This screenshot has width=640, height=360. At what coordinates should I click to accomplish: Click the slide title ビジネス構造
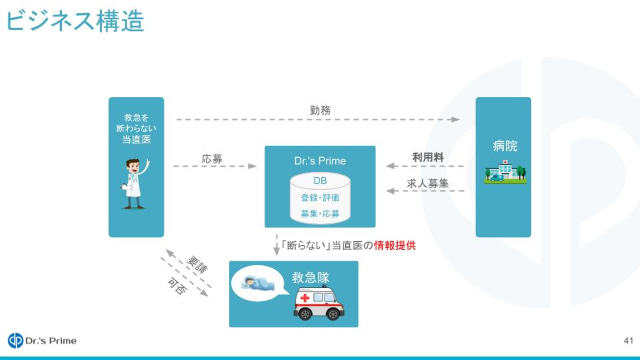[75, 21]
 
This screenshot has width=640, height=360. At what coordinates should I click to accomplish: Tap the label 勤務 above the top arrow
[320, 110]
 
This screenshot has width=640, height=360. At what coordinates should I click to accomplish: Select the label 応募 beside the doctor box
[212, 159]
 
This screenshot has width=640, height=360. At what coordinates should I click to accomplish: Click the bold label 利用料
[428, 157]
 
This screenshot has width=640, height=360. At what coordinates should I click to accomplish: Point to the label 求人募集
[428, 183]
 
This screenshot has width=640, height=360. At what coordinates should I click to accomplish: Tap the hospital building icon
[505, 172]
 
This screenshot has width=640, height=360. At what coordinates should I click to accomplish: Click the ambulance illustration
[319, 303]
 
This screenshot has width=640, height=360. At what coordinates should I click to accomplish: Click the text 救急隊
[311, 278]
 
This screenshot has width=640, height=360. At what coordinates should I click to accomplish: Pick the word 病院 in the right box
[505, 146]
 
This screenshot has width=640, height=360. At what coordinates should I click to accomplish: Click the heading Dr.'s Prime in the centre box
[320, 161]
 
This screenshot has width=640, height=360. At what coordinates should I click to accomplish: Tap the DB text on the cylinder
[320, 181]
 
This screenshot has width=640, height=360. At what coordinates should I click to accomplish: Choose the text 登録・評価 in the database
[320, 197]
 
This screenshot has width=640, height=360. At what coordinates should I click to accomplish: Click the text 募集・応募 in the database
[320, 214]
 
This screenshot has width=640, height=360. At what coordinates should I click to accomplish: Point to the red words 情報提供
[395, 245]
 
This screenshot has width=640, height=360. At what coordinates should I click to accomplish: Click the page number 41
[628, 341]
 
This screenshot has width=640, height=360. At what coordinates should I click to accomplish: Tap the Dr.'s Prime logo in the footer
[42, 341]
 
